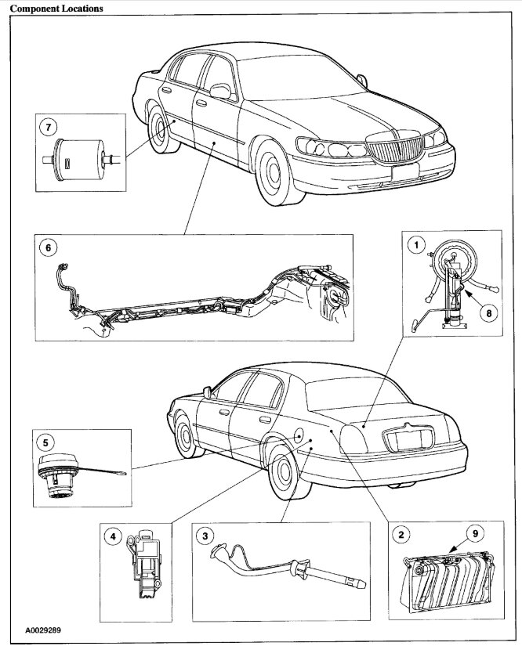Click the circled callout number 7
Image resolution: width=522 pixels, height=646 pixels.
49,125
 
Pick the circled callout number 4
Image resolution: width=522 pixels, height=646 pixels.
114,537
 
